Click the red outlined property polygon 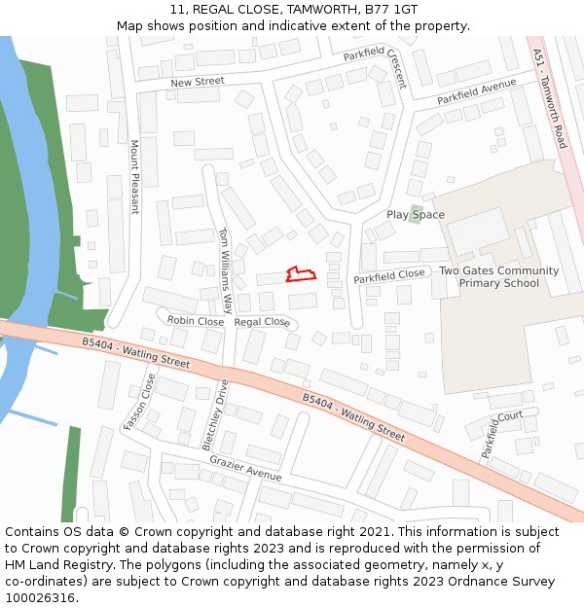[x=300, y=274]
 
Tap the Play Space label [x=416, y=215]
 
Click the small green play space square [x=416, y=213]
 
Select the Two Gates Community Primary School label [x=498, y=277]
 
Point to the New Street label [x=198, y=83]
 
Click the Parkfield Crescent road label [x=375, y=67]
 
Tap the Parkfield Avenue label [x=476, y=92]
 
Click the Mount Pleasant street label [x=134, y=177]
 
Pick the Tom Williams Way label [x=225, y=269]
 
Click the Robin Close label [x=195, y=320]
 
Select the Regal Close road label [x=262, y=322]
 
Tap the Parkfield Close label [x=388, y=277]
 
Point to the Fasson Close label [x=140, y=402]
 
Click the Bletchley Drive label [x=214, y=413]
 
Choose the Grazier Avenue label [x=245, y=469]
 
